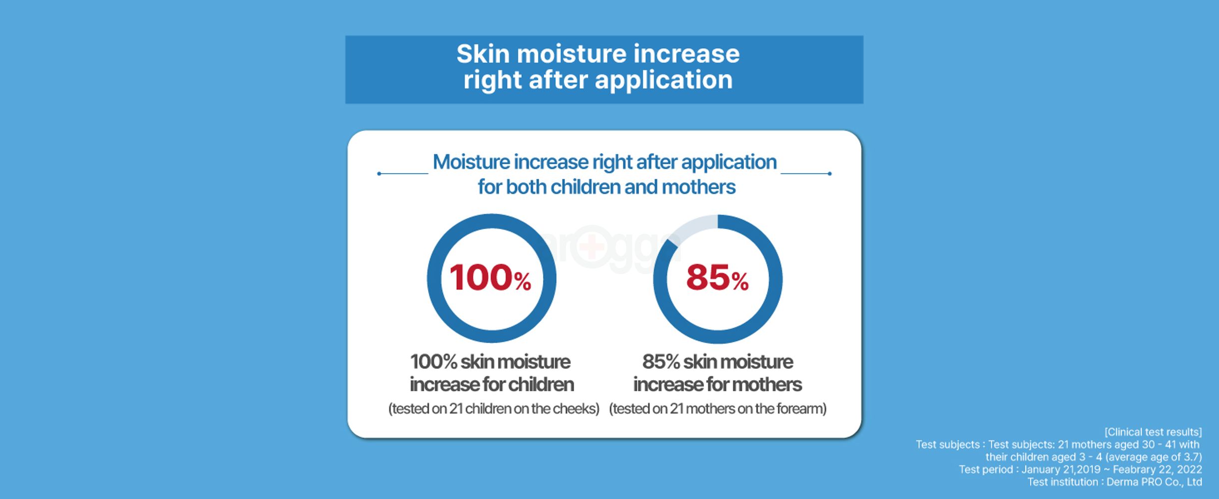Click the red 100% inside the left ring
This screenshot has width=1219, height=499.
[490, 277]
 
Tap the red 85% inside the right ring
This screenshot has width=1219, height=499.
[717, 277]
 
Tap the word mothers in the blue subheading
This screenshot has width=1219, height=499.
[698, 187]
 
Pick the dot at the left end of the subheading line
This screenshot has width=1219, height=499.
[379, 174]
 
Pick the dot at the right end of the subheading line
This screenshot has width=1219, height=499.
[829, 174]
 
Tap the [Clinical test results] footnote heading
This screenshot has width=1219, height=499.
[1153, 432]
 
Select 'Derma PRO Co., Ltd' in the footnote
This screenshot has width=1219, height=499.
[1154, 482]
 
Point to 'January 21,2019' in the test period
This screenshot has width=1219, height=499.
[1061, 470]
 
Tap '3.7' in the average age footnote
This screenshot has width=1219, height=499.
[1191, 457]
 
